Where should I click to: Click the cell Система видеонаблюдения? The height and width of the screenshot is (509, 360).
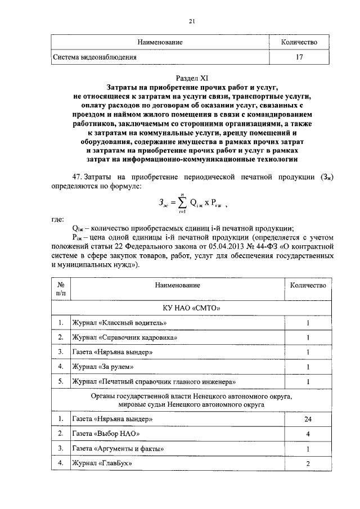94,57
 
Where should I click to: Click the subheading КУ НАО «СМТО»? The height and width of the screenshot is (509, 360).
191,309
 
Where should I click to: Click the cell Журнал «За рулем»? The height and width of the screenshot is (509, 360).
102,367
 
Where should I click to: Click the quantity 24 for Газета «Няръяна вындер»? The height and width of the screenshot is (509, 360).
308,419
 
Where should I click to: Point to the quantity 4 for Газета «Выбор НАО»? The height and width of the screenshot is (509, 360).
308,434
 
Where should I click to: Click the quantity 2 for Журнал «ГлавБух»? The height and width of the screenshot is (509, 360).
308,463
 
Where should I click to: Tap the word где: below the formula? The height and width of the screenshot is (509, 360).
57,219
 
